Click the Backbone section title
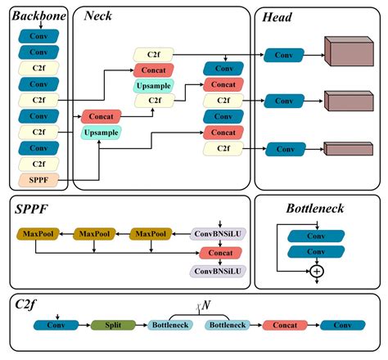pyautogui.click(x=36, y=14)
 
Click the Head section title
pyautogui.click(x=278, y=14)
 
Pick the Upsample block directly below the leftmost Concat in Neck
pyautogui.click(x=101, y=132)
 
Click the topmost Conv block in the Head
pyautogui.click(x=284, y=55)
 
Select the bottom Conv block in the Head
pyautogui.click(x=284, y=149)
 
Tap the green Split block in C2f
pyautogui.click(x=111, y=326)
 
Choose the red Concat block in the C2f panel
pyautogui.click(x=283, y=326)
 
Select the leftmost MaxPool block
pyautogui.click(x=37, y=235)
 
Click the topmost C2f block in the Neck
pyautogui.click(x=153, y=55)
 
